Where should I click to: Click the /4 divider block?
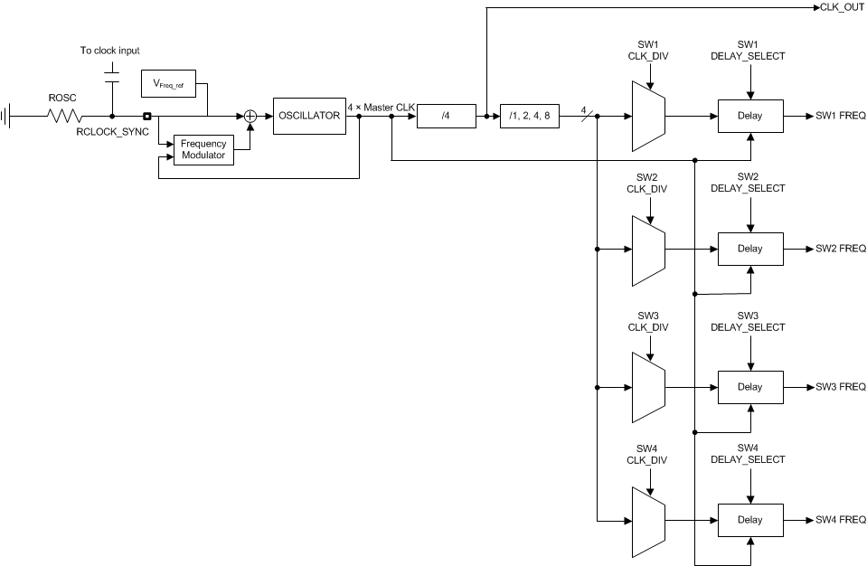[x=446, y=116]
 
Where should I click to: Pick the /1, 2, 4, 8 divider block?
[x=530, y=116]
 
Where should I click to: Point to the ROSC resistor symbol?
[x=64, y=116]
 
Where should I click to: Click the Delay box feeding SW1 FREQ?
[x=749, y=116]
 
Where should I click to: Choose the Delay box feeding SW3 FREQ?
[x=749, y=387]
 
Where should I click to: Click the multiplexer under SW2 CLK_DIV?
[x=647, y=249]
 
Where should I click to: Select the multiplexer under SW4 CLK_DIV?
[x=647, y=521]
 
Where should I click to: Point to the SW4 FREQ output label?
[x=840, y=520]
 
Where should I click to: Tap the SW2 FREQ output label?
[x=840, y=249]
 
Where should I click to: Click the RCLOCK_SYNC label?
[x=113, y=132]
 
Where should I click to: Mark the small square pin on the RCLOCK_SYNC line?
[x=146, y=116]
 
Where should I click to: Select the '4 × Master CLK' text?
[x=381, y=108]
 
